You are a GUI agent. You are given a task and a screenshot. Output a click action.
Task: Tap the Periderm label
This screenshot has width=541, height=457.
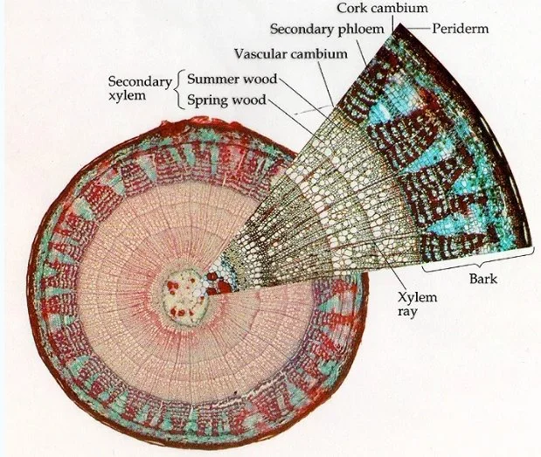pyautogui.click(x=460, y=28)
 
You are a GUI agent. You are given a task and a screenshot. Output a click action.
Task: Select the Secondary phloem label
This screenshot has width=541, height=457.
pyautogui.click(x=323, y=27)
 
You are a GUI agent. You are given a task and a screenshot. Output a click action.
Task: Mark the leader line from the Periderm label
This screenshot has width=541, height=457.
pyautogui.click(x=420, y=28)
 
